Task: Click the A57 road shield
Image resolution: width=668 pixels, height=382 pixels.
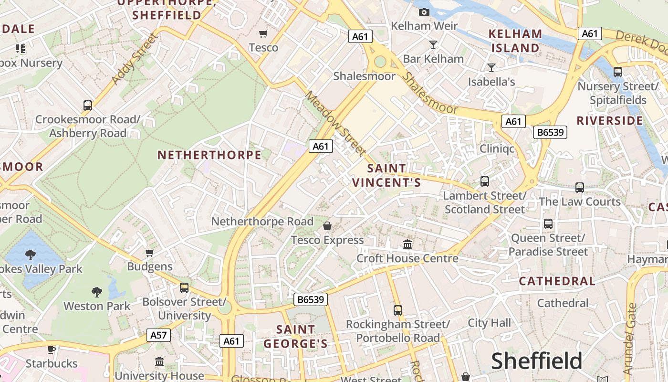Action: tap(158, 335)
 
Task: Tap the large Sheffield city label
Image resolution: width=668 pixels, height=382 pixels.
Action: tap(537, 361)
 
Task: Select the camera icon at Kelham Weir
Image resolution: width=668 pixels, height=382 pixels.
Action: tap(424, 12)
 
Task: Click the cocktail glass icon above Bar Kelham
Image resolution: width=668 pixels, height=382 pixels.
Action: tap(433, 45)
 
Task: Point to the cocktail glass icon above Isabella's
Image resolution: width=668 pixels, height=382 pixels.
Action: tap(491, 67)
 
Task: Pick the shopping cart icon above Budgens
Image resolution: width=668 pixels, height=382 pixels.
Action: tap(150, 253)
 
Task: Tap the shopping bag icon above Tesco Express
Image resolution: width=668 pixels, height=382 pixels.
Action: tap(327, 226)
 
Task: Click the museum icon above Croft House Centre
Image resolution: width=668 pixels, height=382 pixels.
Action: tap(407, 244)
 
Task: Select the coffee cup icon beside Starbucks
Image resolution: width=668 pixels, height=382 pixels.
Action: tap(52, 350)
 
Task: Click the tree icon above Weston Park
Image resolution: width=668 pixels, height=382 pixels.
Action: tap(97, 291)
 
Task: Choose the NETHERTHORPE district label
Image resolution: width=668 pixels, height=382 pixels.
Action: tap(209, 155)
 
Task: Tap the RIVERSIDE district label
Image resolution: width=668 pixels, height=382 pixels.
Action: tap(610, 120)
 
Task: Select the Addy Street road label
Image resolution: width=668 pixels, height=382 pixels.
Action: tap(134, 59)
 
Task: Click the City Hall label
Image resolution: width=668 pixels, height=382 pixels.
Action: tap(489, 323)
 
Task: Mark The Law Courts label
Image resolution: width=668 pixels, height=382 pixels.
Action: tap(580, 202)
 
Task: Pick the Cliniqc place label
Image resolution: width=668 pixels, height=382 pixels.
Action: tap(497, 149)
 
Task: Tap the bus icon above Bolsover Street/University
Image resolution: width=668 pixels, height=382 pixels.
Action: tap(184, 288)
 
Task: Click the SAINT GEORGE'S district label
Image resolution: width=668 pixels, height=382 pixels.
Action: tap(296, 337)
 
